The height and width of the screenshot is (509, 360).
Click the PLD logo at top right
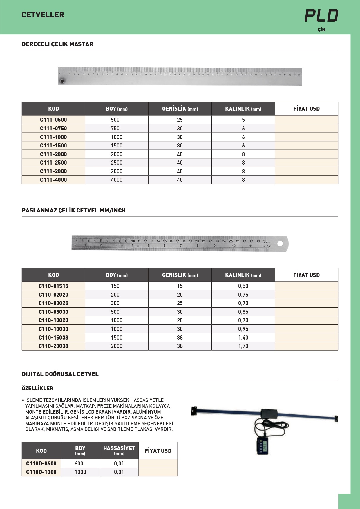[x=321, y=16]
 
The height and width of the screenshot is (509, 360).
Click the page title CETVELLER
[x=43, y=15]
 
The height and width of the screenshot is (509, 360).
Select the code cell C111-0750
[x=53, y=128]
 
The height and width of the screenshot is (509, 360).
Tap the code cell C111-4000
[x=53, y=180]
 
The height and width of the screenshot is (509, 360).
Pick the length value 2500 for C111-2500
[x=117, y=163]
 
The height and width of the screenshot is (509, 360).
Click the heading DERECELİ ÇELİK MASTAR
[x=57, y=44]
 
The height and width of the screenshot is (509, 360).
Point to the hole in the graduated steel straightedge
[x=62, y=81]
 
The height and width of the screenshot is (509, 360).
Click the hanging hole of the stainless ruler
[x=280, y=243]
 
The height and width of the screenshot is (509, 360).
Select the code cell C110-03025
[x=53, y=303]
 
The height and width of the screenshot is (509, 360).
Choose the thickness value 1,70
[x=243, y=346]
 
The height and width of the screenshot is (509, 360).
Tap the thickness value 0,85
[x=243, y=312]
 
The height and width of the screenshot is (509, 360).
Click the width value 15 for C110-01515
[x=180, y=286]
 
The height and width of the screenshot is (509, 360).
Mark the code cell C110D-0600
[x=41, y=463]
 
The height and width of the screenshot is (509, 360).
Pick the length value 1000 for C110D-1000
[x=80, y=472]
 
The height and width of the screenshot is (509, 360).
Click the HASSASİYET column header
[x=119, y=450]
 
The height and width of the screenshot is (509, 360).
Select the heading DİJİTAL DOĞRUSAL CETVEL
[x=60, y=374]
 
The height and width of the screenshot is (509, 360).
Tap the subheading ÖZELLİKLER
[x=37, y=388]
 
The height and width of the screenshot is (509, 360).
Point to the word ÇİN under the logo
[x=321, y=30]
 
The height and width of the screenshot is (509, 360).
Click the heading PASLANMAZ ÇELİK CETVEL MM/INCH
[x=74, y=210]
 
